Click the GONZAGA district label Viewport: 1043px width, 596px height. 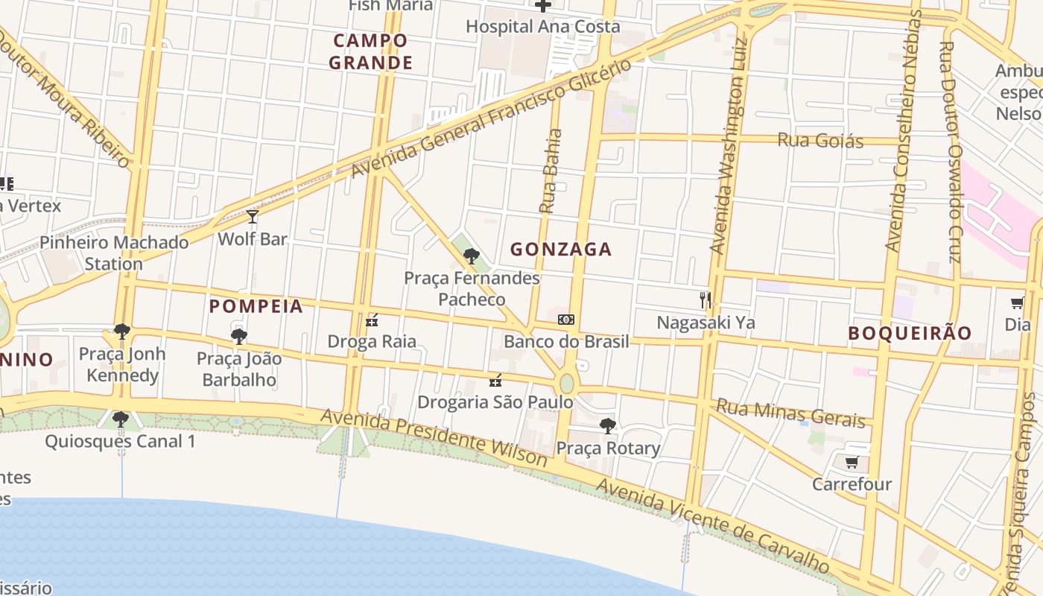(560, 250)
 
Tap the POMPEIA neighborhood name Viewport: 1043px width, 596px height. (256, 306)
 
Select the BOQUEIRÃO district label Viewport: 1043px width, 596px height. (910, 333)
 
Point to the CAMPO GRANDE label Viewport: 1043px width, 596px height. (370, 51)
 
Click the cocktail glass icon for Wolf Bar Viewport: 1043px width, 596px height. (253, 217)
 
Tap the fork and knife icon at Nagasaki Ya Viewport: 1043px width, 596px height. (706, 300)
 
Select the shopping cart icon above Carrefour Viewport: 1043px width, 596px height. (852, 462)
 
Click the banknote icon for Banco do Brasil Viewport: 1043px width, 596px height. (566, 320)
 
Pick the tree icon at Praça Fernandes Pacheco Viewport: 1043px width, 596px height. (471, 256)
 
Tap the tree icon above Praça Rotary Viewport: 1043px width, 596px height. (608, 426)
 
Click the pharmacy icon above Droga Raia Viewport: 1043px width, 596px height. (372, 320)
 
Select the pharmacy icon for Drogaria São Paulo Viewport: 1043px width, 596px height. (495, 381)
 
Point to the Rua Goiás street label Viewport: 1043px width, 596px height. (820, 140)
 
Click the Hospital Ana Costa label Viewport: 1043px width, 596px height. (542, 27)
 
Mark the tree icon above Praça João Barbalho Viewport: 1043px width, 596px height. (239, 337)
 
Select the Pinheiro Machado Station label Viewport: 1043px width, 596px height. (114, 253)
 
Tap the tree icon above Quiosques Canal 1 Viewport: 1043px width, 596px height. (120, 419)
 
